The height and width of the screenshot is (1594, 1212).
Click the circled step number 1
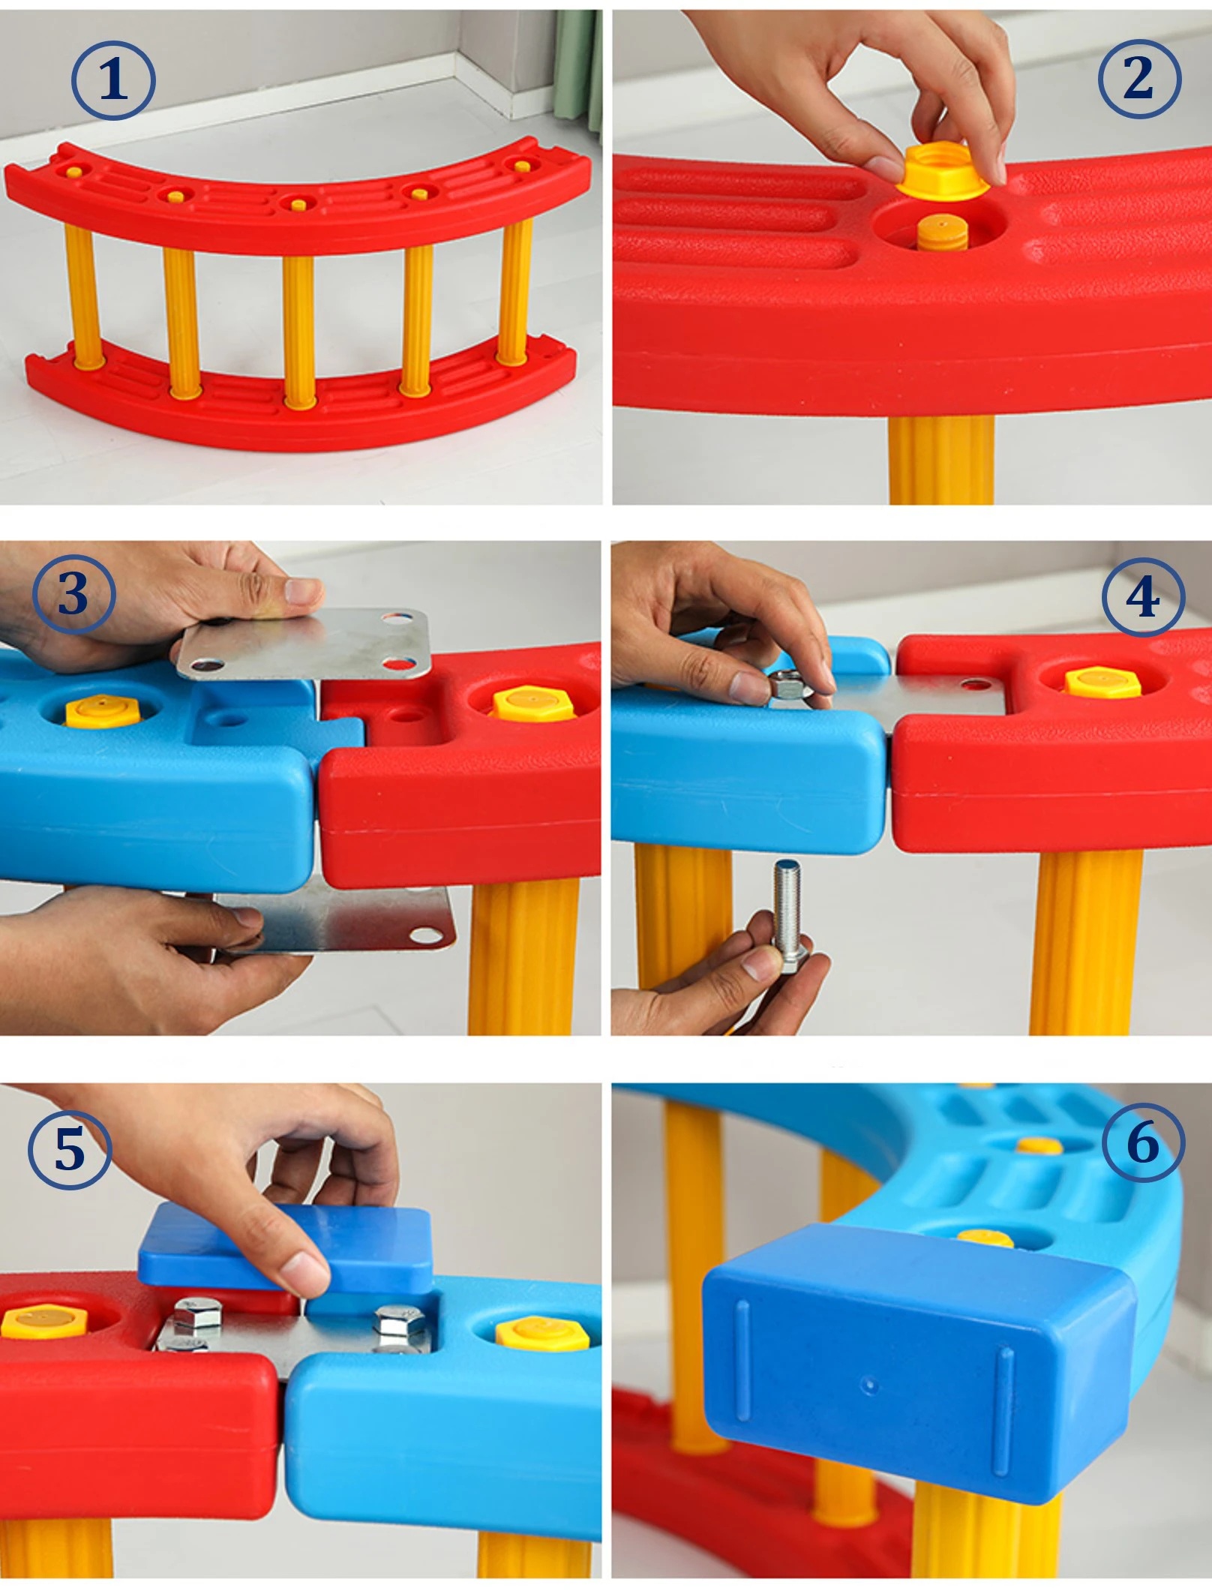point(113,80)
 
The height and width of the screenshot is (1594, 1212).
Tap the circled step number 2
point(1139,78)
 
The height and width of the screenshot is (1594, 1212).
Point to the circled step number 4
point(1143,597)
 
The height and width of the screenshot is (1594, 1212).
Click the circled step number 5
point(70,1148)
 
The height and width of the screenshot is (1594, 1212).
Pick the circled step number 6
point(1143,1143)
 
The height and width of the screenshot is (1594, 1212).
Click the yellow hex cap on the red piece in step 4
point(1102,681)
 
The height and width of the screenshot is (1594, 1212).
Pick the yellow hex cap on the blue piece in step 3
point(103,712)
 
